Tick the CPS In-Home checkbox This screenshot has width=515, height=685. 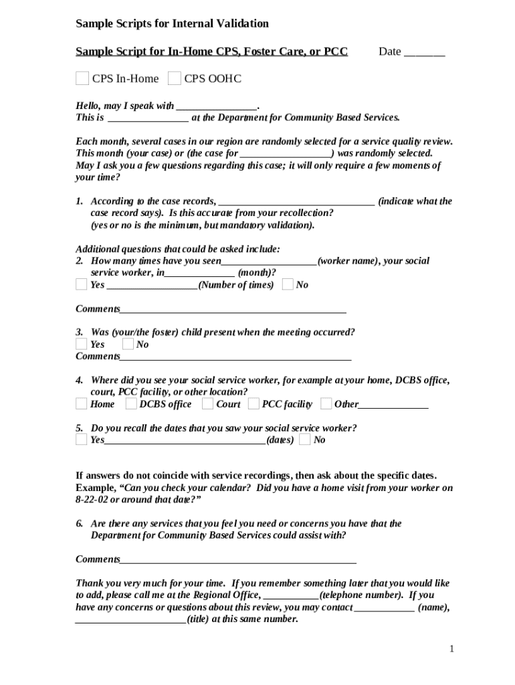[82, 79]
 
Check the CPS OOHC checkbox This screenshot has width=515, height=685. [174, 79]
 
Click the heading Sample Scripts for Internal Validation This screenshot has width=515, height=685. [172, 24]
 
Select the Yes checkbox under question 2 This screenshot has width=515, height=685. [81, 285]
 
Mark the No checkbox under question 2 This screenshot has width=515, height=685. [288, 285]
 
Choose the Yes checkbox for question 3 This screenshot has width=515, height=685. [81, 345]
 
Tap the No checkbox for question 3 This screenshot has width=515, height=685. [128, 345]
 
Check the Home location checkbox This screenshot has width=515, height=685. [81, 404]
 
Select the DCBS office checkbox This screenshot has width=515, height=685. [131, 404]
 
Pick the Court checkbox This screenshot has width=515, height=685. [207, 404]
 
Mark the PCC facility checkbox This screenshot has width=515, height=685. [253, 404]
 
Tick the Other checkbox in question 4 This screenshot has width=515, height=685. [326, 404]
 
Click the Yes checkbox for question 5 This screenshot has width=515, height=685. [81, 439]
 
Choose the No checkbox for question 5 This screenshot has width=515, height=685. [305, 439]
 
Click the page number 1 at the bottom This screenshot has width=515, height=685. [451, 649]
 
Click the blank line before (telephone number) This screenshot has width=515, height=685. [292, 596]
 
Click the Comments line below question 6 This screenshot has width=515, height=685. [237, 561]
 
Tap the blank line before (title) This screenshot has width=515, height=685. [130, 620]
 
